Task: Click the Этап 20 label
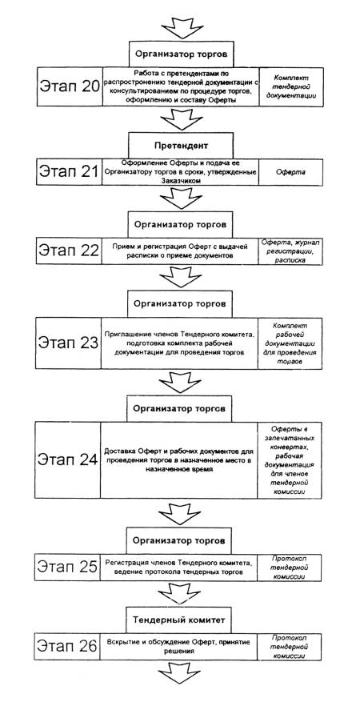(70, 86)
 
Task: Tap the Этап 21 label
(69, 170)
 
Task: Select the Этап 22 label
(69, 251)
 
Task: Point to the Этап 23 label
(68, 343)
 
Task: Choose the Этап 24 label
(67, 459)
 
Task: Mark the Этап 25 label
(67, 567)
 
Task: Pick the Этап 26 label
(67, 646)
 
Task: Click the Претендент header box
(181, 145)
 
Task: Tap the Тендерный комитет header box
(181, 620)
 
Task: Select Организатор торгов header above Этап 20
(182, 54)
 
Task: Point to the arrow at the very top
(182, 27)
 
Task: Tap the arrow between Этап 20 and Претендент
(182, 118)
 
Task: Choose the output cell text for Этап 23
(290, 343)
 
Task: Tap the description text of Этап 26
(178, 646)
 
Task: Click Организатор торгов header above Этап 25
(180, 540)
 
